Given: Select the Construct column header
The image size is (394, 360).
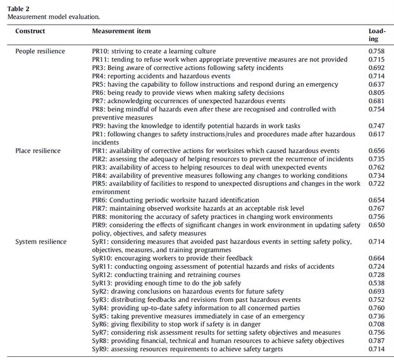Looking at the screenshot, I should pos(30,30).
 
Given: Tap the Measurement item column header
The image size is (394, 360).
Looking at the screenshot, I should pos(121,30).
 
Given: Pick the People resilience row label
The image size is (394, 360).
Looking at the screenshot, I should pos(38,51).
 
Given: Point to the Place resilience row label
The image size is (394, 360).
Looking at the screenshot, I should pos(37,151).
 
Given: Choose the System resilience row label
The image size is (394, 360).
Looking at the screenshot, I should pos(40,242).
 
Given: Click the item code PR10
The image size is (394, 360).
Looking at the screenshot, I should pos(101,51).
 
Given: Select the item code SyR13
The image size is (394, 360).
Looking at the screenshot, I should pos(102,283).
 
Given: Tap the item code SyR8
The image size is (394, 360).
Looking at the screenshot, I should pos(100,340).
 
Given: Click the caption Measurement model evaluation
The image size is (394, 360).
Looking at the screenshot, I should pos(50,16).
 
